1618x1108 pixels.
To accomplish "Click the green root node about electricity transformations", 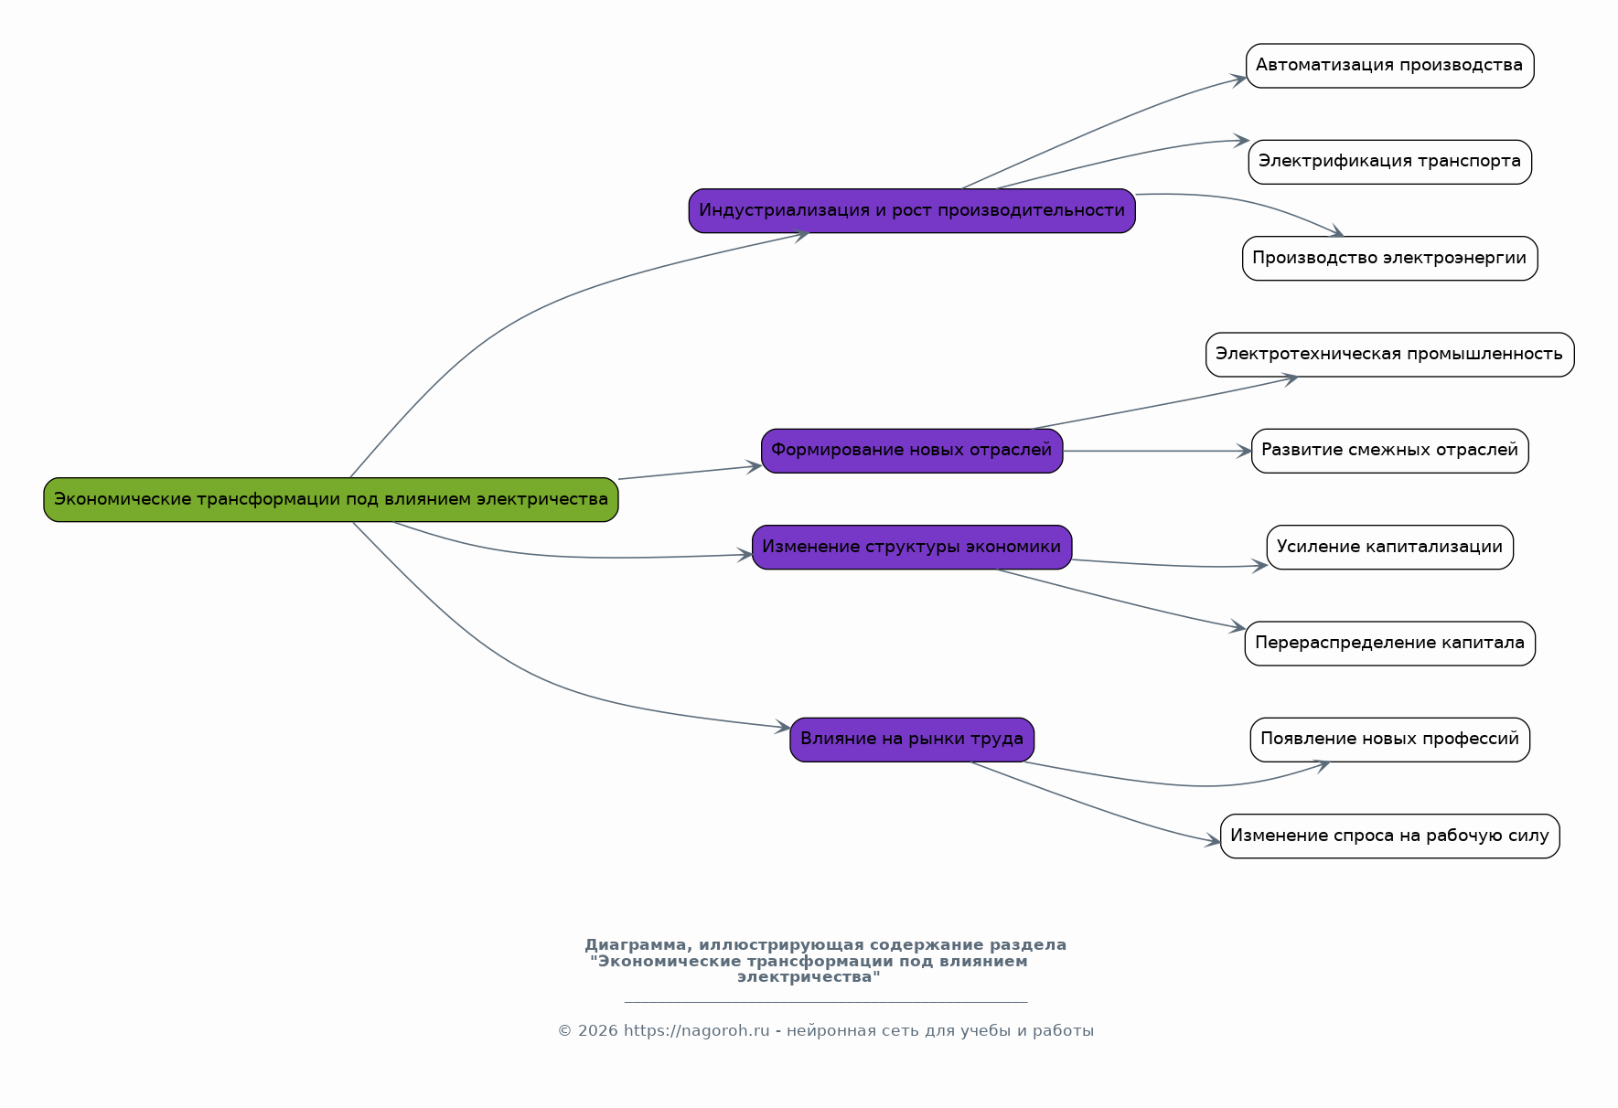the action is pos(331,499).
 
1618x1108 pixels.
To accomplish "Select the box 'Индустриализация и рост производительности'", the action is pos(912,210).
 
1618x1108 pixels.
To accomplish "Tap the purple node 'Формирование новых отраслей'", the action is pos(912,451).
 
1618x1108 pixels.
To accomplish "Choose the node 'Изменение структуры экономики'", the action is pos(912,547).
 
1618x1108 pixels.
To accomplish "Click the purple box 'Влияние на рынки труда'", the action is pos(912,740).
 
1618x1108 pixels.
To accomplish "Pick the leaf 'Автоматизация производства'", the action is pos(1389,66).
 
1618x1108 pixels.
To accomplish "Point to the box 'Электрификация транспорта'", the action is pos(1389,162).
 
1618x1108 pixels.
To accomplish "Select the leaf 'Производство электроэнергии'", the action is pos(1389,258).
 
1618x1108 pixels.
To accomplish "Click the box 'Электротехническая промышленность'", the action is pos(1389,355).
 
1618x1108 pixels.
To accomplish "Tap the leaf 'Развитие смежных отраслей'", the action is pos(1389,451).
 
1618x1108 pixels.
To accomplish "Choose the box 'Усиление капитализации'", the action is pos(1389,547).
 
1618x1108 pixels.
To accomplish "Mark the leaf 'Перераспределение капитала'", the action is pos(1389,644).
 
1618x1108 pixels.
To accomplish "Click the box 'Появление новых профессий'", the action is pos(1389,740).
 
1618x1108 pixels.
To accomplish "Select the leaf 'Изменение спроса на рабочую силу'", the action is pos(1389,836).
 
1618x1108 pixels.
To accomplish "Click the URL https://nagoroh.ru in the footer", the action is pos(697,1031).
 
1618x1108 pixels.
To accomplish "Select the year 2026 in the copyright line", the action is pos(597,1031).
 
